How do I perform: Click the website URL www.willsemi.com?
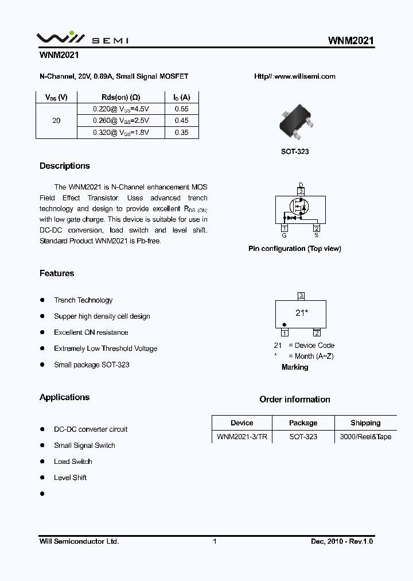pos(294,76)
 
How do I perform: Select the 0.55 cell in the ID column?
pos(181,109)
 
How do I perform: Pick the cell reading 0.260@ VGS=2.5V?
pos(120,121)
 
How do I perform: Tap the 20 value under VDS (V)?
pos(56,121)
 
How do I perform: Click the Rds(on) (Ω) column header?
pos(120,97)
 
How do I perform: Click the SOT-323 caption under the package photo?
pos(295,152)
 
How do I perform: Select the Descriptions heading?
pos(65,166)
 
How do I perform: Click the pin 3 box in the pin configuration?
pos(301,191)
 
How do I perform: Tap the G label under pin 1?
pos(284,235)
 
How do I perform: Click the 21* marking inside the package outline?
pos(302,313)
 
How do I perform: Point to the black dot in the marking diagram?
pos(285,324)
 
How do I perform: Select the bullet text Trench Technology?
pos(83,300)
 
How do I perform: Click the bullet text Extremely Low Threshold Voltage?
pos(106,348)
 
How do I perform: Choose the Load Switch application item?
pos(73,462)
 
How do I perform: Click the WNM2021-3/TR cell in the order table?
pos(241,437)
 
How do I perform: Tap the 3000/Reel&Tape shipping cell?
pos(365,437)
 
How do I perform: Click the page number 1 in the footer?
pos(215,541)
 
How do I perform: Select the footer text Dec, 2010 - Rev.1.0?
pos(342,541)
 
